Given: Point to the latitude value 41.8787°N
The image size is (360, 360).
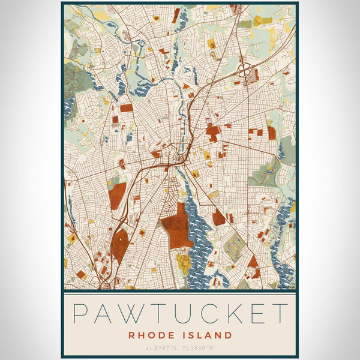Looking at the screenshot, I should click(x=161, y=347).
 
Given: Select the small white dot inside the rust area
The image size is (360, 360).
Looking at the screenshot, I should click(x=121, y=239).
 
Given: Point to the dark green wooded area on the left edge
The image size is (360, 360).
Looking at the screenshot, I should click(x=73, y=78).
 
